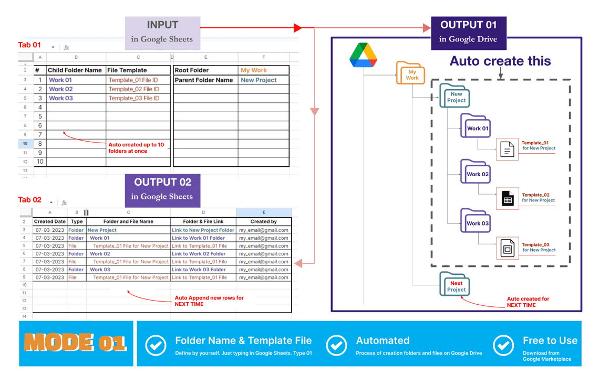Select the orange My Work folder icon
(x=411, y=73)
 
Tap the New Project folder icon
(x=455, y=96)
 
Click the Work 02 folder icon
(x=476, y=172)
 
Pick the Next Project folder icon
(x=455, y=285)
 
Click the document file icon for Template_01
(x=507, y=150)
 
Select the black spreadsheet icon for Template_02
(x=507, y=199)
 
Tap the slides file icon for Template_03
(x=507, y=249)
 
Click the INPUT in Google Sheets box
(x=162, y=31)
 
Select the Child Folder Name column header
(x=75, y=70)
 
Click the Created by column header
(x=263, y=221)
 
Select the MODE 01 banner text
(x=75, y=343)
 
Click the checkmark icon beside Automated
(x=337, y=346)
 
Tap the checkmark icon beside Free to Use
(x=503, y=346)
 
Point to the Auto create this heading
(x=500, y=61)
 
